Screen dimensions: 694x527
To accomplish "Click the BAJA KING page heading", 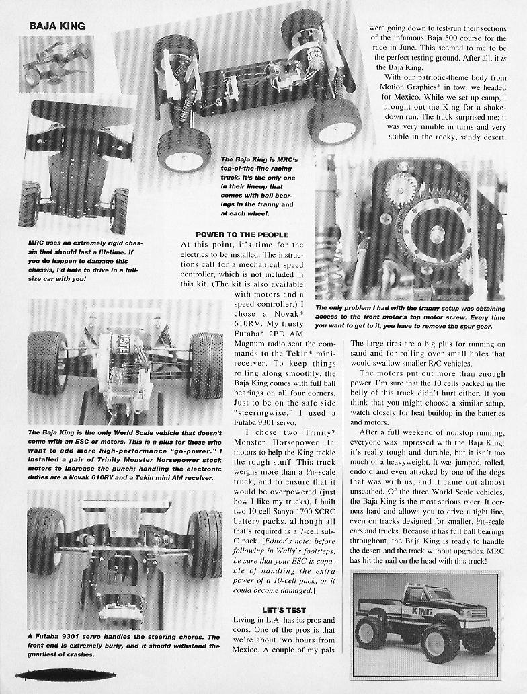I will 57,26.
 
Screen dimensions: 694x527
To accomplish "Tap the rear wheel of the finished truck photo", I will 371,633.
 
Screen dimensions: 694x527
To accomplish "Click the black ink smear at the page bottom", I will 56,674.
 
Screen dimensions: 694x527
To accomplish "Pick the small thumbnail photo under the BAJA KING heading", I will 56,64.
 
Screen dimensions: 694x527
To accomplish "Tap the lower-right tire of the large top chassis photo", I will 334,121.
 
